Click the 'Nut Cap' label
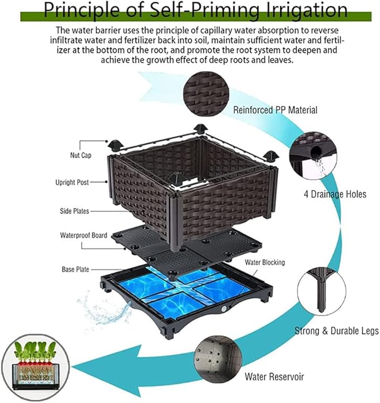click(x=81, y=155)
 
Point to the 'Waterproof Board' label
click(x=83, y=235)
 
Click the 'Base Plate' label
click(x=75, y=269)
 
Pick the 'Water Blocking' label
click(x=264, y=262)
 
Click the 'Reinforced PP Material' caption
click(x=275, y=110)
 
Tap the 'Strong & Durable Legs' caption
click(x=336, y=331)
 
